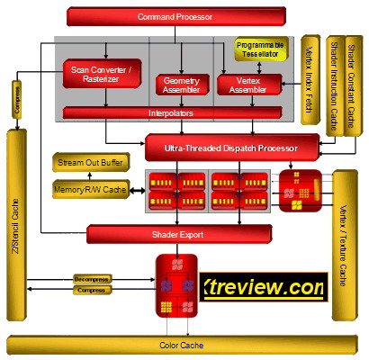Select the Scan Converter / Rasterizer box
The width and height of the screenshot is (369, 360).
pyautogui.click(x=103, y=73)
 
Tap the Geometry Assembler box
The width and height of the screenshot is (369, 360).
pyautogui.click(x=181, y=84)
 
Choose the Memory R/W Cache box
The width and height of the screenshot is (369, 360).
pyautogui.click(x=91, y=190)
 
